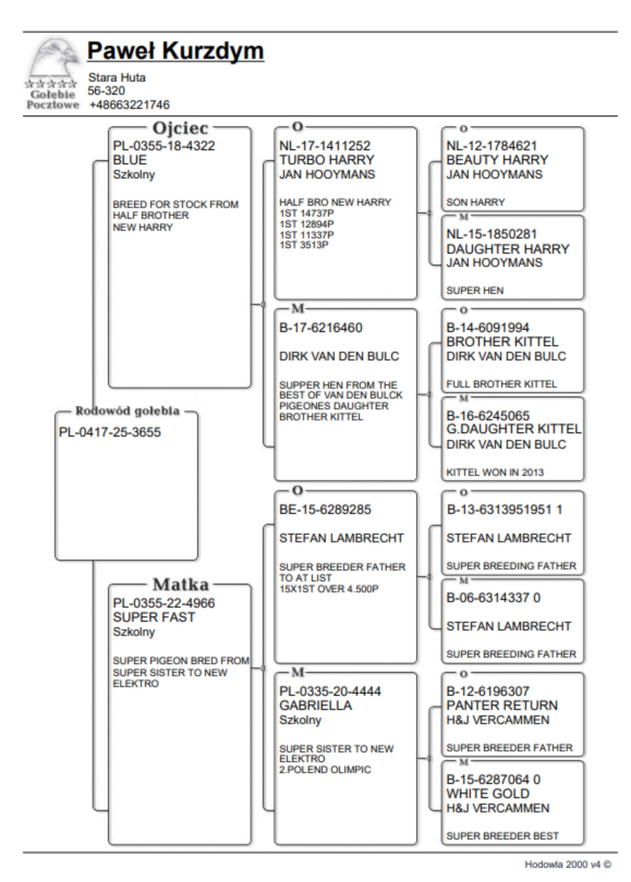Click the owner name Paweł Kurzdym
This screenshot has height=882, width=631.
tap(175, 52)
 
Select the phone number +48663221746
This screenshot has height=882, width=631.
tap(129, 104)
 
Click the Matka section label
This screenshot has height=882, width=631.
tap(179, 585)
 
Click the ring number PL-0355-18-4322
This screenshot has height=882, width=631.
tap(164, 146)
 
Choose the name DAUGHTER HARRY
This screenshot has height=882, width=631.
tap(508, 249)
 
